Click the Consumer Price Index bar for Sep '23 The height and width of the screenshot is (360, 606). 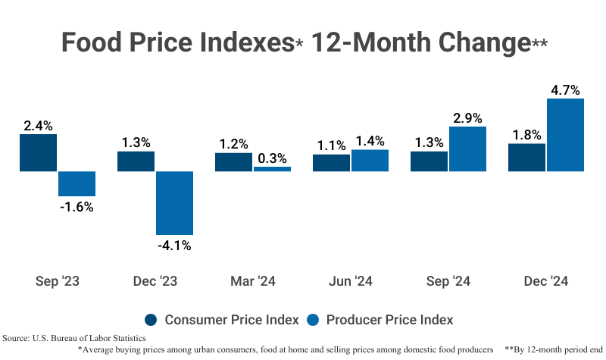tap(38, 153)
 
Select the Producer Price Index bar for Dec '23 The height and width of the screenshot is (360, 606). tap(174, 202)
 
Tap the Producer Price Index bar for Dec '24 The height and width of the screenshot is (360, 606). tap(566, 135)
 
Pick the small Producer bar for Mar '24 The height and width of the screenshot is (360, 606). tap(272, 169)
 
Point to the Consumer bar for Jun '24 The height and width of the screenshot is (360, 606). tap(331, 163)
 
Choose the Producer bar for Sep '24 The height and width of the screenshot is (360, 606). tap(467, 149)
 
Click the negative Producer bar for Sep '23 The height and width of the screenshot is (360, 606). tap(77, 184)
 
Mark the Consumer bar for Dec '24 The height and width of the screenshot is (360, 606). tap(526, 158)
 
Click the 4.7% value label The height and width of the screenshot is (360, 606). tap(566, 90)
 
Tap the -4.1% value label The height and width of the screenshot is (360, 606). tap(174, 245)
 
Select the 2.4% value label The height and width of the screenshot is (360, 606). tap(38, 127)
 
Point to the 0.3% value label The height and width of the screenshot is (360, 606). tap(272, 158)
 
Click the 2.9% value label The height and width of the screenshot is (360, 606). tap(467, 118)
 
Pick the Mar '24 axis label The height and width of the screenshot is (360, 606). tap(253, 281)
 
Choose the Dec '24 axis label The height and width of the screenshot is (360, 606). tap(545, 281)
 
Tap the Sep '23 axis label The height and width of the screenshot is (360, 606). tap(58, 281)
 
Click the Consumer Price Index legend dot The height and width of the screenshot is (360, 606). tap(150, 319)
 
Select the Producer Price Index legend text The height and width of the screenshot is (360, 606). tap(389, 319)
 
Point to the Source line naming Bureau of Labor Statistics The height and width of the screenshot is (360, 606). tap(74, 337)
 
